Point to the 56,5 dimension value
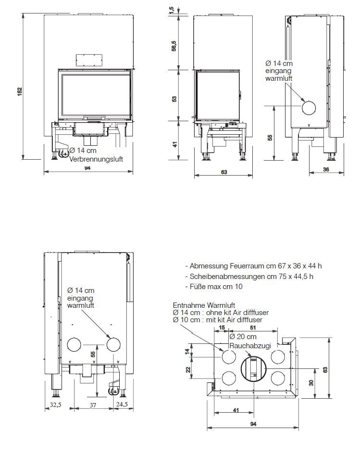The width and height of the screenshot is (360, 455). coord(174,46)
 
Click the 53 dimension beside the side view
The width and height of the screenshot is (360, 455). coord(174,99)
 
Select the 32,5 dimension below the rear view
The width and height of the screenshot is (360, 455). coord(56,405)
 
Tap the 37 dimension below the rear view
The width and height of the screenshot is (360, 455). coord(93,405)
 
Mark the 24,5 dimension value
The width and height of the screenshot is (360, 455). coord(122,405)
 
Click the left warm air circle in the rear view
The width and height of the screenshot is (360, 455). coord(75,344)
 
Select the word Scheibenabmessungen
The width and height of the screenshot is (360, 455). coord(223,276)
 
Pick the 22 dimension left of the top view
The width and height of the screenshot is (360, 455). coord(188,370)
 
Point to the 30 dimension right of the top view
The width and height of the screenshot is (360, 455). coord(312,382)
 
